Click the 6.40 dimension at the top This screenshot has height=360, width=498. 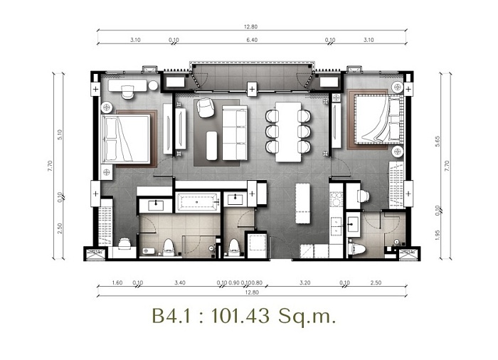click(x=252, y=40)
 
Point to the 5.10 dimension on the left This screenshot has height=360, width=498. click(x=60, y=134)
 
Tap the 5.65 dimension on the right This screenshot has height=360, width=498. click(x=438, y=141)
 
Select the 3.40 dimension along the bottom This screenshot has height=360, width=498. click(x=180, y=282)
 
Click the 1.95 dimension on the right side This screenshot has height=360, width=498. click(x=438, y=235)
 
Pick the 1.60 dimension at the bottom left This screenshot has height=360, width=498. click(x=117, y=282)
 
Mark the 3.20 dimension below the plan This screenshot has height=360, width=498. click(x=305, y=282)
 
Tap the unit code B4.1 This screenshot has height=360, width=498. click(x=171, y=315)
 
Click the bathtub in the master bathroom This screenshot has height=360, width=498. click(x=198, y=202)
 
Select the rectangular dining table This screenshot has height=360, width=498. click(x=288, y=132)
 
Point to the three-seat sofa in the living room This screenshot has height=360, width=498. click(x=235, y=133)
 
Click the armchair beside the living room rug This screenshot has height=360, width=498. click(x=205, y=107)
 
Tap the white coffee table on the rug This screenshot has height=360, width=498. click(x=211, y=146)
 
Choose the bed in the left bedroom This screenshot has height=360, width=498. click(x=126, y=139)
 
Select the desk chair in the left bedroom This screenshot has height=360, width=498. click(x=127, y=92)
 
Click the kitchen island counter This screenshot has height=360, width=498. click(x=302, y=203)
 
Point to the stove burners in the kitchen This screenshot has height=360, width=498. click(x=336, y=199)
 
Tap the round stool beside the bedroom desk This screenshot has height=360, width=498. click(x=153, y=85)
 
